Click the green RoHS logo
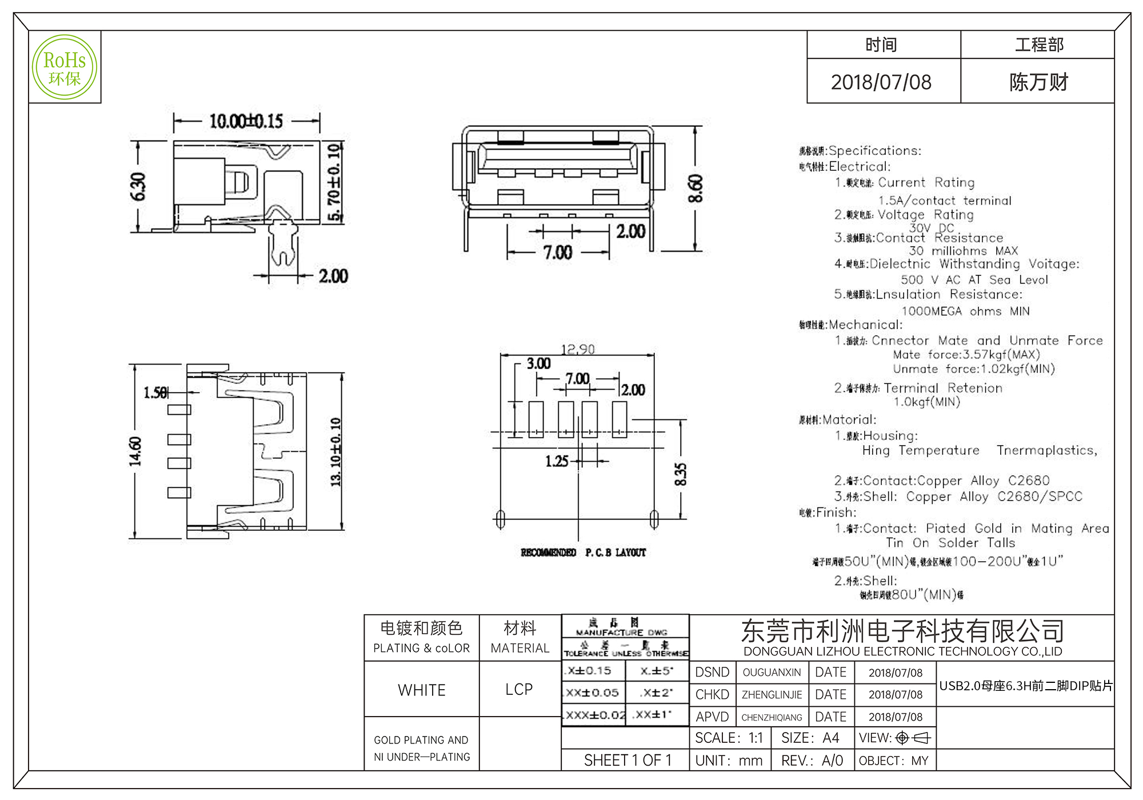point(65,67)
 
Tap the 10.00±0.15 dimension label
point(246,121)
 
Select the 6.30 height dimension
point(138,187)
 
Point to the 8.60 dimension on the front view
point(695,189)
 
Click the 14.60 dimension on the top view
point(135,451)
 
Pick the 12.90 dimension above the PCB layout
point(578,349)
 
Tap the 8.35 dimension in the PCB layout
point(680,474)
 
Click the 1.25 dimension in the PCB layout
point(557,461)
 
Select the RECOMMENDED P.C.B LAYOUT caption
point(583,553)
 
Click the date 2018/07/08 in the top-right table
point(881,82)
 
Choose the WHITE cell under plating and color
point(422,690)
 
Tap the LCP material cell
point(519,690)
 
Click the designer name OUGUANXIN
point(772,673)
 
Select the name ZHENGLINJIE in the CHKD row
point(772,695)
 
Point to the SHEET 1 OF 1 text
point(628,761)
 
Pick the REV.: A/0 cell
point(812,761)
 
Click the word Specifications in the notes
point(874,151)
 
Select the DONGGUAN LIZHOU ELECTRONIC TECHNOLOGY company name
point(902,651)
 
